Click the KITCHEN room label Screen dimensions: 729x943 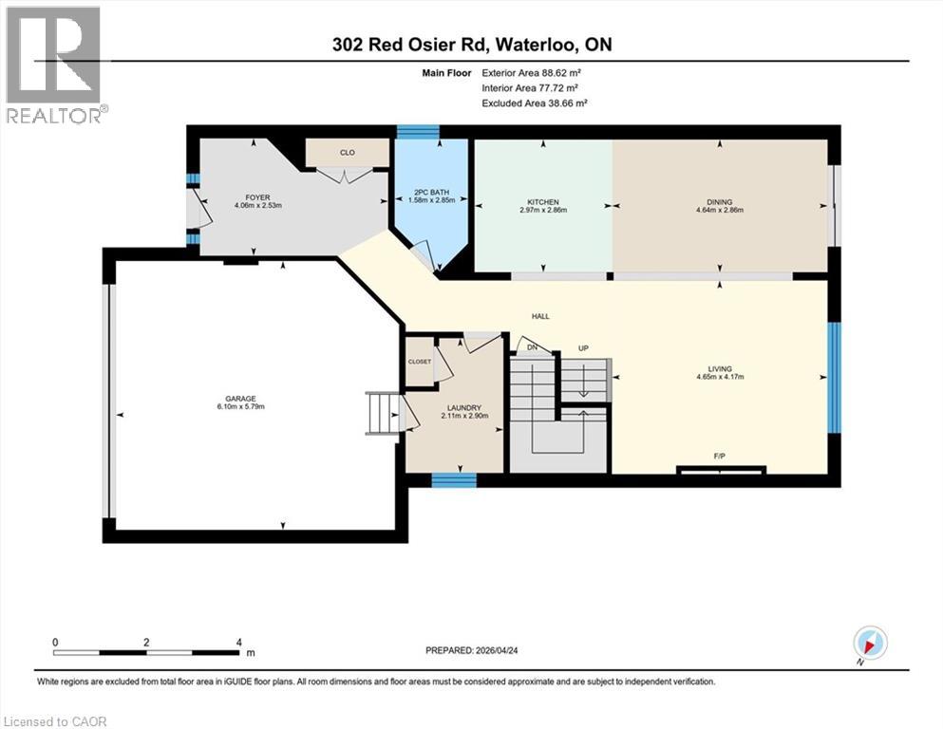coord(543,201)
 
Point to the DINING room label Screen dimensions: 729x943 coord(719,201)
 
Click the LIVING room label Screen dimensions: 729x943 coord(719,369)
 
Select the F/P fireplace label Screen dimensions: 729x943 coord(720,457)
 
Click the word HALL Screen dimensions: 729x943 coord(539,317)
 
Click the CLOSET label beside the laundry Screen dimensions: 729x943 coord(419,362)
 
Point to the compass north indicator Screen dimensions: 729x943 coord(871,643)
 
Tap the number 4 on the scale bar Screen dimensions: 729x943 coord(238,642)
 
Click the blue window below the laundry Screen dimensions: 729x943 coord(453,480)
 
